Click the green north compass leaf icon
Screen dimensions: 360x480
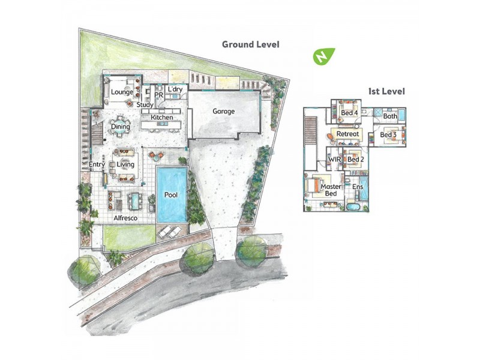click(x=324, y=56)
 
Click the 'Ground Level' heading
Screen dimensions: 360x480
click(x=250, y=44)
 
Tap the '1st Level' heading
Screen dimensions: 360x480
click(x=386, y=92)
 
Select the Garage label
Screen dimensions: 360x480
click(x=224, y=112)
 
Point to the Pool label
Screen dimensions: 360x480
click(x=171, y=195)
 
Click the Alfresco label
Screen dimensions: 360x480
click(x=126, y=218)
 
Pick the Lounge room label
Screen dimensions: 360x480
click(x=122, y=92)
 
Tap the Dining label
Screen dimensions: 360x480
click(x=121, y=127)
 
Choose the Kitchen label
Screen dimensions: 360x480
click(x=162, y=118)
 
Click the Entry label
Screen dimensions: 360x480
click(x=97, y=164)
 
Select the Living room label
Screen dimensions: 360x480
click(x=125, y=164)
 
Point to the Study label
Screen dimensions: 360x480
click(x=145, y=105)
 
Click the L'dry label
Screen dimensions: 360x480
click(x=175, y=90)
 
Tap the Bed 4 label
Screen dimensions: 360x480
click(x=349, y=113)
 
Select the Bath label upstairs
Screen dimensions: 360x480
click(x=390, y=116)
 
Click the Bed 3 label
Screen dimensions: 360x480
click(x=388, y=135)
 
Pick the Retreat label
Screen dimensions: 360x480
click(x=347, y=133)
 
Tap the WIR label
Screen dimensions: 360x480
click(x=334, y=160)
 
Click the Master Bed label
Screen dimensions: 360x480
click(x=331, y=190)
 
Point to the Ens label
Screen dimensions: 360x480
click(x=358, y=187)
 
